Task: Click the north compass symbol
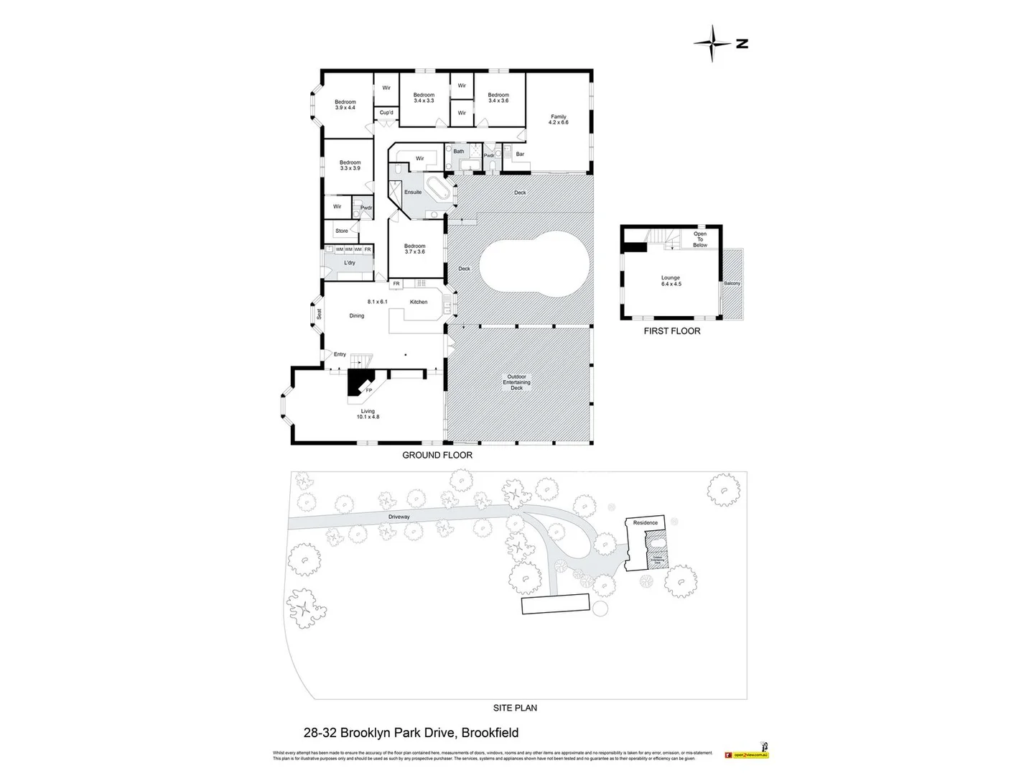(x=713, y=43)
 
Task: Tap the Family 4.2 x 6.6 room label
(x=558, y=119)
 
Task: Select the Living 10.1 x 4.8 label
(x=368, y=414)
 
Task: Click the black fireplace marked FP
(x=358, y=382)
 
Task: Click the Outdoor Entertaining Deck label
(x=516, y=382)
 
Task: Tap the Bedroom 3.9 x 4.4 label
(x=345, y=105)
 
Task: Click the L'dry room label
(x=350, y=263)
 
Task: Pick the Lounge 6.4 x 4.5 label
(x=670, y=281)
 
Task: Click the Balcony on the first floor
(x=732, y=284)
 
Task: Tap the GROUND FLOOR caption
(x=437, y=455)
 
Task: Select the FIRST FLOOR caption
(x=671, y=331)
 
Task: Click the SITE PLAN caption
(x=516, y=708)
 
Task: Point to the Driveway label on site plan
(x=399, y=517)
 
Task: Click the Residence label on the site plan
(x=645, y=523)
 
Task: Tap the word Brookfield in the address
(x=490, y=734)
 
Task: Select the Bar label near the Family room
(x=520, y=154)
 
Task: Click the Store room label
(x=342, y=231)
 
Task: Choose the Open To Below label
(x=699, y=239)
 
